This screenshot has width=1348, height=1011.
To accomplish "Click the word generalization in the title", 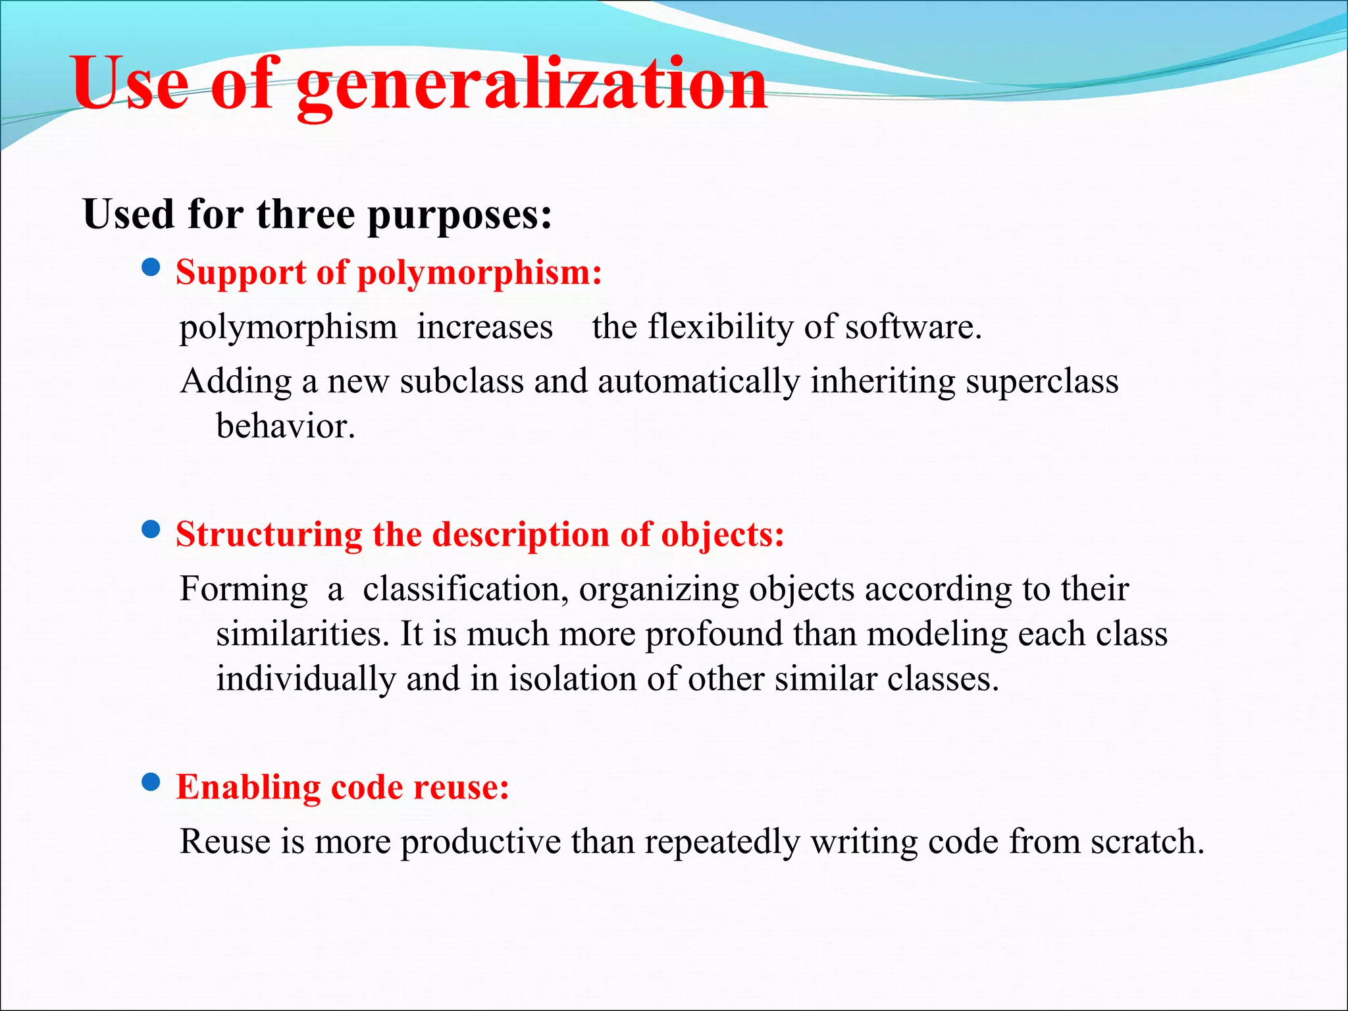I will (532, 86).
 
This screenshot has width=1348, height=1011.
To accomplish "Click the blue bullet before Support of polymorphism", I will (151, 267).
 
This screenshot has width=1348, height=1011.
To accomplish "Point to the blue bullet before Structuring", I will (151, 529).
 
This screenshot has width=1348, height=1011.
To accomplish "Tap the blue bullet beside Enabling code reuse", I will (151, 782).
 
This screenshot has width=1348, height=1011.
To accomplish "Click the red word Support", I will (241, 272).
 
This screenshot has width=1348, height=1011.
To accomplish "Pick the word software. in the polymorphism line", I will (914, 326).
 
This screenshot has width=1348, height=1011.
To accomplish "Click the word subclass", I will (461, 381).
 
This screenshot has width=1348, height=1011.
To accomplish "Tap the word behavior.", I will (286, 426).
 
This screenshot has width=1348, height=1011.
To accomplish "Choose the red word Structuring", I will (269, 534).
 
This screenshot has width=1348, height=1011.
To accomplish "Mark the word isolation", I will (572, 679).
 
